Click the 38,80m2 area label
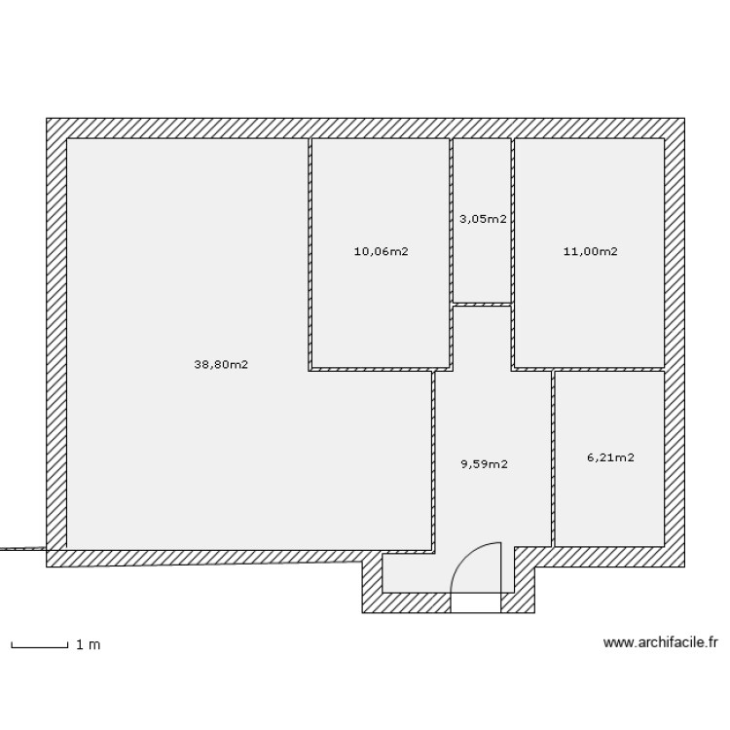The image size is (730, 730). point(221,365)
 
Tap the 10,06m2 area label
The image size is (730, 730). point(381,251)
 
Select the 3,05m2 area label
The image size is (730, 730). point(483,219)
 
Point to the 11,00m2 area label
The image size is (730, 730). point(590,251)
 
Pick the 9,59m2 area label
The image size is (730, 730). point(484,464)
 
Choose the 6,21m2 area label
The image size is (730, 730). point(610,456)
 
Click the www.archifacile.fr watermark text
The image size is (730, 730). point(660,642)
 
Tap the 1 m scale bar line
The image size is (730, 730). point(39,645)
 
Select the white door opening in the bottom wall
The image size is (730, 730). point(476,602)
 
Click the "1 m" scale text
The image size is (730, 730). point(88,644)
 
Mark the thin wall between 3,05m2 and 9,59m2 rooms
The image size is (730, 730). point(483,305)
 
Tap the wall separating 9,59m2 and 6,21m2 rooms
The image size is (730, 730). point(553,457)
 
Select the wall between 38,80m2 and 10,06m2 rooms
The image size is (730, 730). point(310,253)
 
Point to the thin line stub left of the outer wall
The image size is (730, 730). point(21,549)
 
